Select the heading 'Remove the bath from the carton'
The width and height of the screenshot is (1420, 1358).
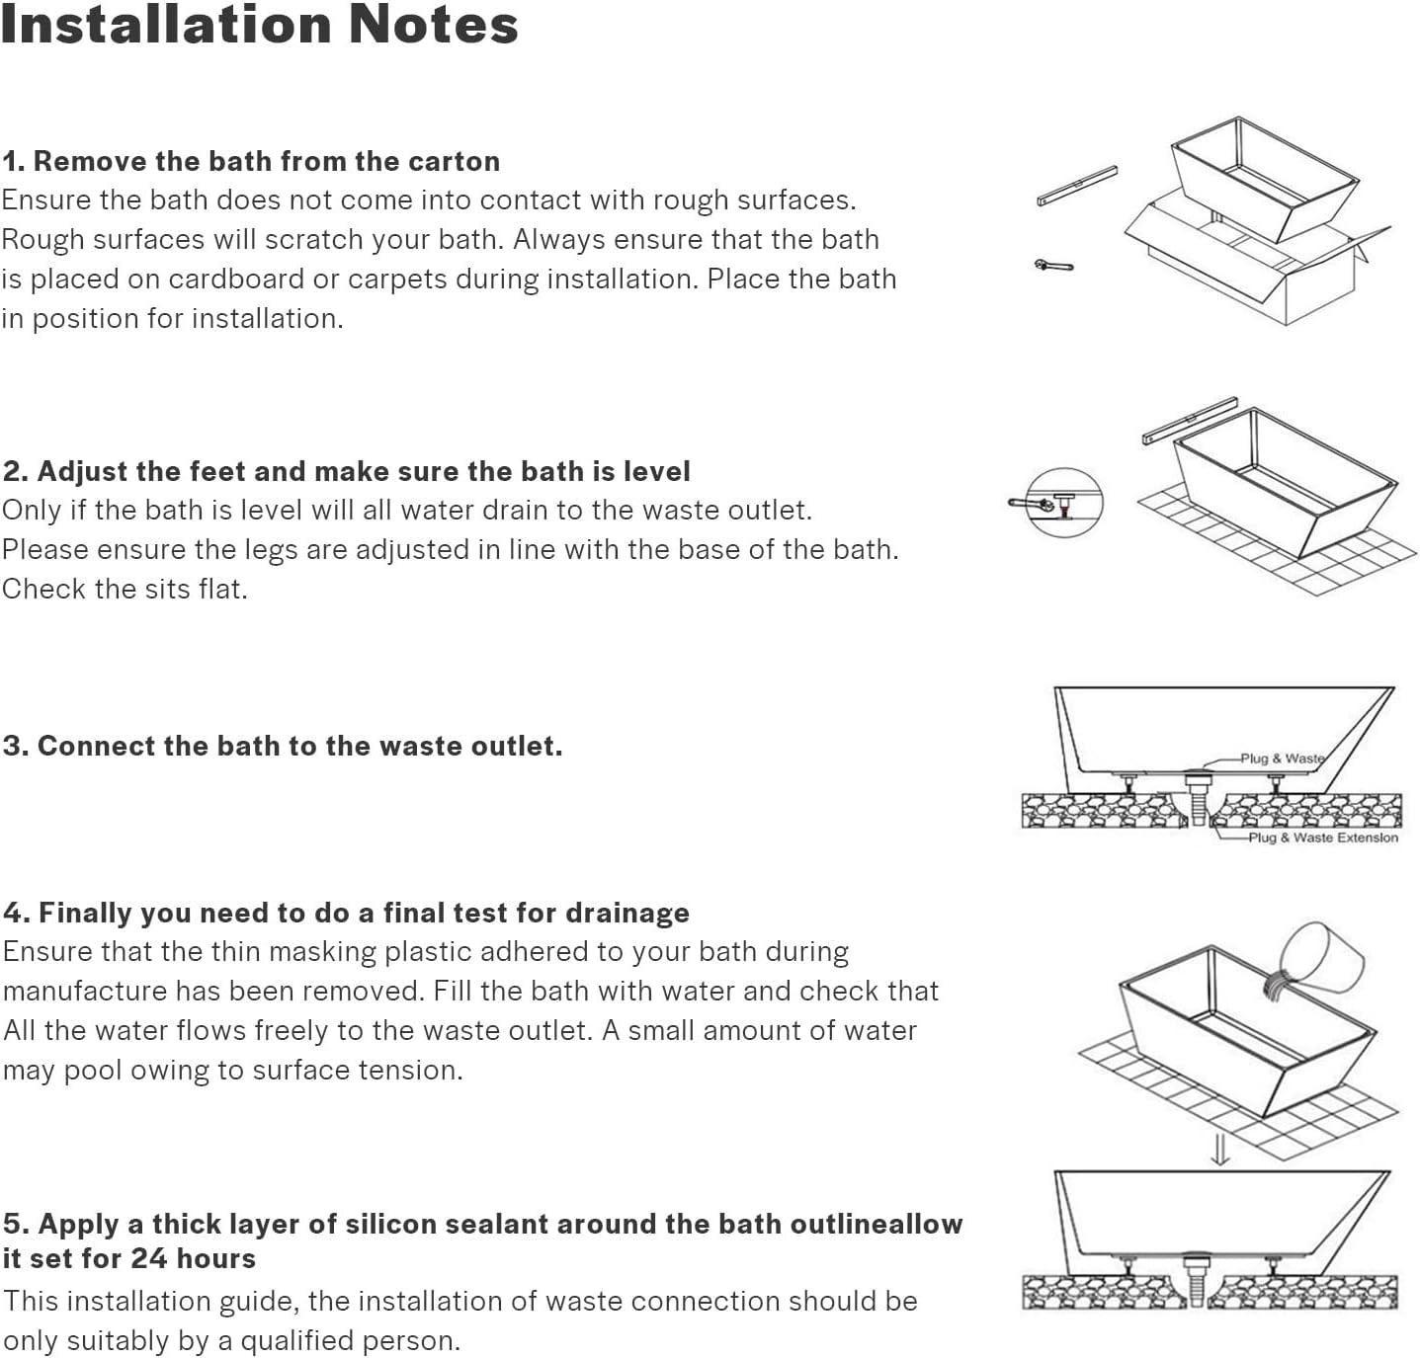pyautogui.click(x=266, y=161)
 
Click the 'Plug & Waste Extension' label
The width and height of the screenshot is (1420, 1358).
pyautogui.click(x=1322, y=838)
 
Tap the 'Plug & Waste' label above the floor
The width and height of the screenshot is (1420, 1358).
pyautogui.click(x=1282, y=759)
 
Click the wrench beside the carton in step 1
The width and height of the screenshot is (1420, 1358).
pyautogui.click(x=1053, y=265)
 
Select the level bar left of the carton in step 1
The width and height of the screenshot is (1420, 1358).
pyautogui.click(x=1077, y=186)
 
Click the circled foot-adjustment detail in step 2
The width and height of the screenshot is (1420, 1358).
pyautogui.click(x=1063, y=503)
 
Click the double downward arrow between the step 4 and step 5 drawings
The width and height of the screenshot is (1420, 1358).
pyautogui.click(x=1220, y=1149)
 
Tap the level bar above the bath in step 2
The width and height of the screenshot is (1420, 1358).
pyautogui.click(x=1190, y=421)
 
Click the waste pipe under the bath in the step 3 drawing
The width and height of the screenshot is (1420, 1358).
pyautogui.click(x=1198, y=799)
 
